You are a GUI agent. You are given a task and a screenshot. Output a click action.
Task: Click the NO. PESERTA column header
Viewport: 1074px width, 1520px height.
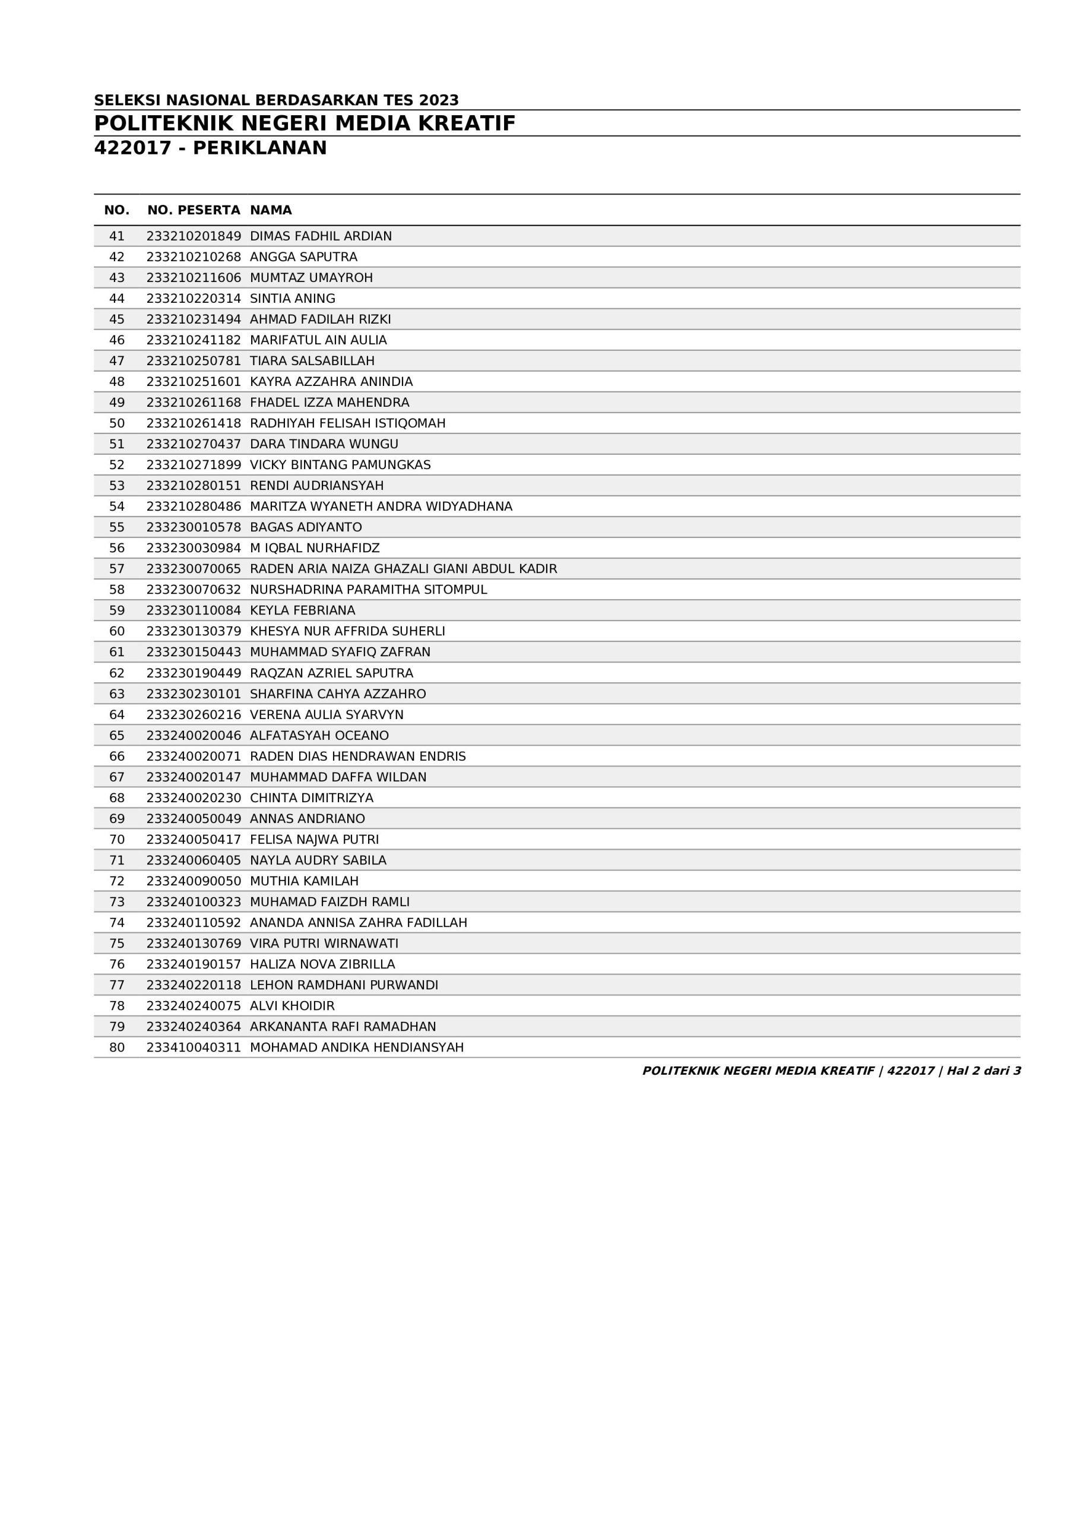(x=194, y=211)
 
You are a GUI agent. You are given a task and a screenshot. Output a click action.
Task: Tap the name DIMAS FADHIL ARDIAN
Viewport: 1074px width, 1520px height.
(x=321, y=236)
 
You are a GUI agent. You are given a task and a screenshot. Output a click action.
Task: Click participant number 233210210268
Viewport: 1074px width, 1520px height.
(x=194, y=257)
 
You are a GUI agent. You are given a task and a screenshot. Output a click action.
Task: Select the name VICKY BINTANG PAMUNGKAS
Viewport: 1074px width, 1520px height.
(x=340, y=465)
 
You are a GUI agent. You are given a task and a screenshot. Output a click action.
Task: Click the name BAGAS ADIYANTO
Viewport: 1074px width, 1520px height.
(x=305, y=527)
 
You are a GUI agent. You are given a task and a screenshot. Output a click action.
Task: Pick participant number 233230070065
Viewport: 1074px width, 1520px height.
(x=194, y=569)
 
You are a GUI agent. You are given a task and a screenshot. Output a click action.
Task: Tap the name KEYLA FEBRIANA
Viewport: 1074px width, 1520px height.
(x=302, y=610)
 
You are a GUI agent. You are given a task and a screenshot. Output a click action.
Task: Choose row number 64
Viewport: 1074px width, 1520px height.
(x=116, y=715)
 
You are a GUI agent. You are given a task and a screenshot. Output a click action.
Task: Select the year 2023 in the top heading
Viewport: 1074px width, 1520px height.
(x=438, y=100)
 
